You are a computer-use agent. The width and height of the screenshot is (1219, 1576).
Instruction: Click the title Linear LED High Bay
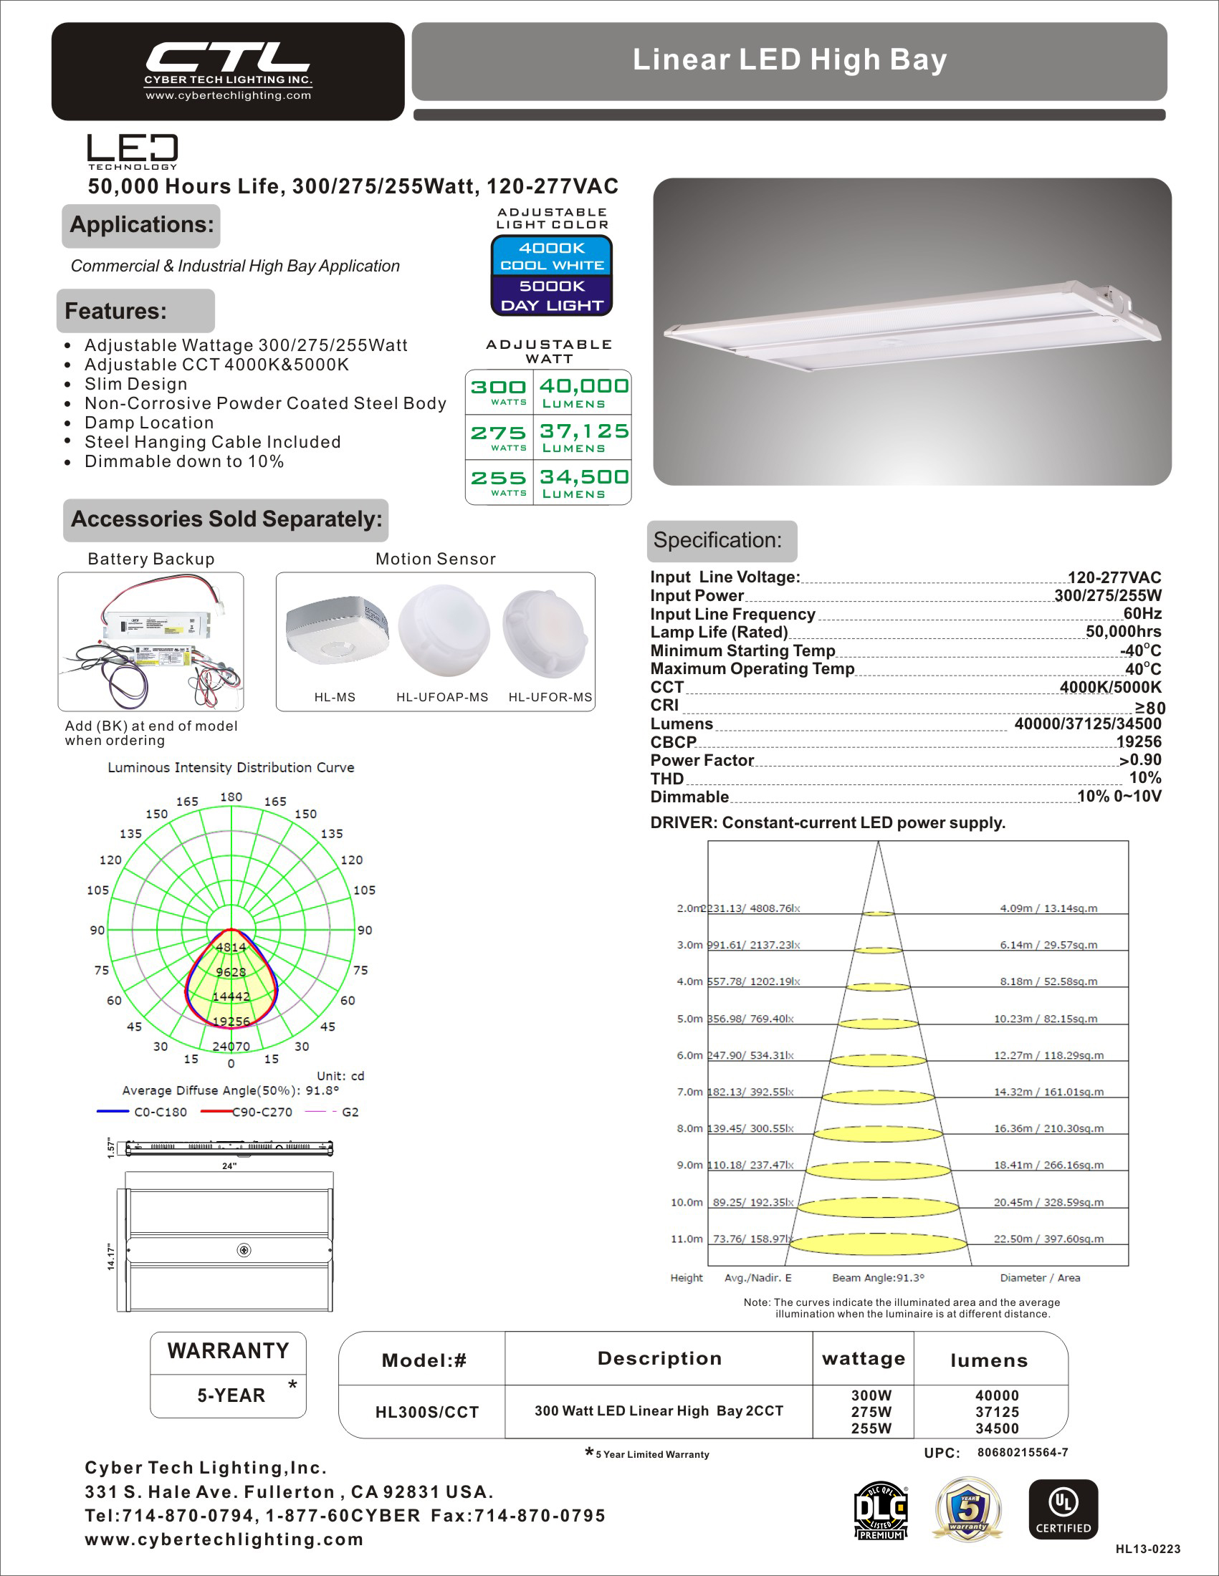pyautogui.click(x=789, y=60)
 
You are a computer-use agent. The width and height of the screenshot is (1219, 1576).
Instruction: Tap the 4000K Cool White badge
pyautogui.click(x=552, y=256)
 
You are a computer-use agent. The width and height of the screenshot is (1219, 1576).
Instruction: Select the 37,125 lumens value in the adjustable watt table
pyautogui.click(x=584, y=431)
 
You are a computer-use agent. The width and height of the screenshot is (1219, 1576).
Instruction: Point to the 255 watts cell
pyautogui.click(x=499, y=482)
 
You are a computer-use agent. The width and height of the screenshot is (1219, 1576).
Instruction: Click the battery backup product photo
pyautogui.click(x=150, y=641)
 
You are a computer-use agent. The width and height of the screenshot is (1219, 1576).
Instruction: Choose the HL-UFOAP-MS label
pyautogui.click(x=441, y=697)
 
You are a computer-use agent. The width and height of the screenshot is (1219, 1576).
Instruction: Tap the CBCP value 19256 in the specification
pyautogui.click(x=1138, y=742)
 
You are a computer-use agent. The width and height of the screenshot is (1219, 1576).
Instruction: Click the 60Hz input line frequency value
pyautogui.click(x=1142, y=614)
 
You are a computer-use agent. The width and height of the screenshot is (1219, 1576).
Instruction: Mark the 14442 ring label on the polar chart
pyautogui.click(x=231, y=996)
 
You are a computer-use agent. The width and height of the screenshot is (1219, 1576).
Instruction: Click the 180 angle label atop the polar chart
pyautogui.click(x=231, y=797)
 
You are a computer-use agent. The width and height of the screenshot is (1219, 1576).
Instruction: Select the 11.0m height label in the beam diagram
pyautogui.click(x=687, y=1239)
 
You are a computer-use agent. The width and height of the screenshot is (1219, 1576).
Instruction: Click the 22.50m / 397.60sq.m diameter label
pyautogui.click(x=1048, y=1239)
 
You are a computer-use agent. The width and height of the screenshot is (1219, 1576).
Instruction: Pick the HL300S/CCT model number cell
pyautogui.click(x=426, y=1412)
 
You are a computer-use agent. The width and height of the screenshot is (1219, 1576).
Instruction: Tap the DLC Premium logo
pyautogui.click(x=880, y=1510)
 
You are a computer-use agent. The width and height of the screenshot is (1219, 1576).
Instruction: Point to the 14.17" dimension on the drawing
pyautogui.click(x=111, y=1257)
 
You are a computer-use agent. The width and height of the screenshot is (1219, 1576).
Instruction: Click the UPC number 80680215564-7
pyautogui.click(x=1022, y=1453)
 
